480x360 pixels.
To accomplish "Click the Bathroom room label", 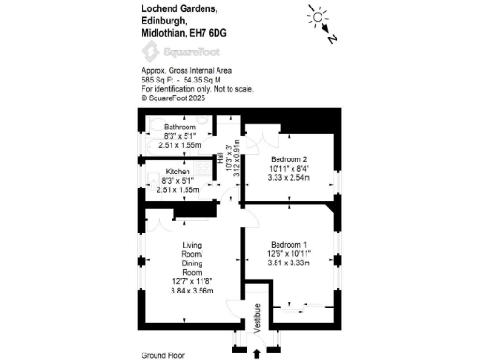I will (180, 127).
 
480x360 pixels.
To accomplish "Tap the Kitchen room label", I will (180, 172).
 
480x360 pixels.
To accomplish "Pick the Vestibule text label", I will (258, 323).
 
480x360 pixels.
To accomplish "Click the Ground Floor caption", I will (163, 355).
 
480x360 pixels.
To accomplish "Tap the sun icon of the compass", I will (317, 17).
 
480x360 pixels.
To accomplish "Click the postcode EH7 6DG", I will (207, 33).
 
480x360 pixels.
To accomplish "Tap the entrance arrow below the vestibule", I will (258, 352).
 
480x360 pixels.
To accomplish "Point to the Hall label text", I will (220, 160).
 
